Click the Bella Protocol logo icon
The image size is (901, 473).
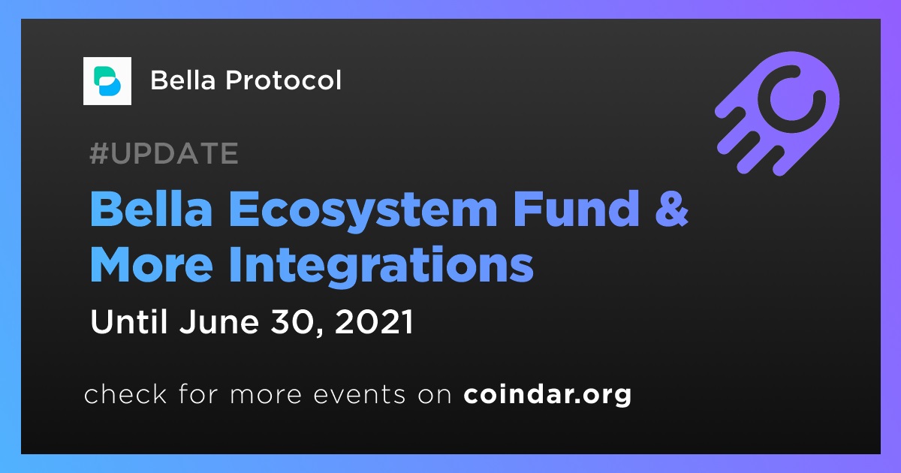(x=107, y=81)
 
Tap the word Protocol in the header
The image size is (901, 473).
(x=284, y=80)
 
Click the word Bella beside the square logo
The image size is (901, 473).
(x=183, y=80)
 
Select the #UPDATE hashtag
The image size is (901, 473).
(x=164, y=153)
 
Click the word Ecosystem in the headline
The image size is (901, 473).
(x=363, y=211)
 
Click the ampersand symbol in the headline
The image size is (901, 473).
(x=672, y=209)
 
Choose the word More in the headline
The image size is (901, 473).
(x=152, y=265)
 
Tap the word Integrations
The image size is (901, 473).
(x=381, y=267)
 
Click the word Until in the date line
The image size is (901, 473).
(x=128, y=322)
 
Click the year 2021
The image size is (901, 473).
(x=374, y=322)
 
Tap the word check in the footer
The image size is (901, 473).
(x=125, y=393)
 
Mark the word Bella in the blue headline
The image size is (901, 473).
(x=151, y=209)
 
